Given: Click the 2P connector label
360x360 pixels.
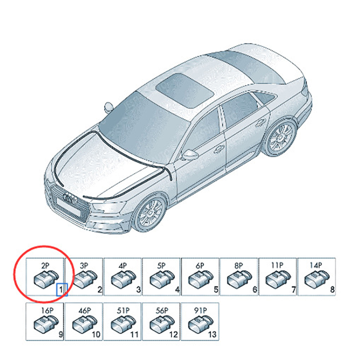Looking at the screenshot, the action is click(x=45, y=265).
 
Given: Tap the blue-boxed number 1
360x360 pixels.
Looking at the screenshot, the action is click(x=61, y=289).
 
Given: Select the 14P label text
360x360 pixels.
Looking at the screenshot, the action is click(x=316, y=265).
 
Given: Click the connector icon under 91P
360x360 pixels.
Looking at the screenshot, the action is click(x=200, y=324).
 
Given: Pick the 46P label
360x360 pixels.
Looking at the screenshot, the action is click(x=85, y=310).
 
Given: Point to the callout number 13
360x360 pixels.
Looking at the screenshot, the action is click(x=212, y=334).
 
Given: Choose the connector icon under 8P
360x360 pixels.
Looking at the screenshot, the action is click(x=239, y=279).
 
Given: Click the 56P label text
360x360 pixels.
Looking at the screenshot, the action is click(x=162, y=310).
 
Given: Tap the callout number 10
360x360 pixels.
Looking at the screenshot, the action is click(x=96, y=334).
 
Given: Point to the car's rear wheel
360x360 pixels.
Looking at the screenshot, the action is click(x=280, y=138).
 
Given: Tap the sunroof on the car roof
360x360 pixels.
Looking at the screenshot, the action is click(x=185, y=90).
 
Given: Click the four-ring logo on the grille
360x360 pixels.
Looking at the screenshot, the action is click(x=70, y=198).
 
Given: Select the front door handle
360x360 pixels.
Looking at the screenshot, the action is click(x=219, y=149).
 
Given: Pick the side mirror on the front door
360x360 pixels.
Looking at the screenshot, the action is click(x=189, y=154).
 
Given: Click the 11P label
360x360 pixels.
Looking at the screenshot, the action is click(x=277, y=265).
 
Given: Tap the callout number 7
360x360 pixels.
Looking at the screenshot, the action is click(x=294, y=289).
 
